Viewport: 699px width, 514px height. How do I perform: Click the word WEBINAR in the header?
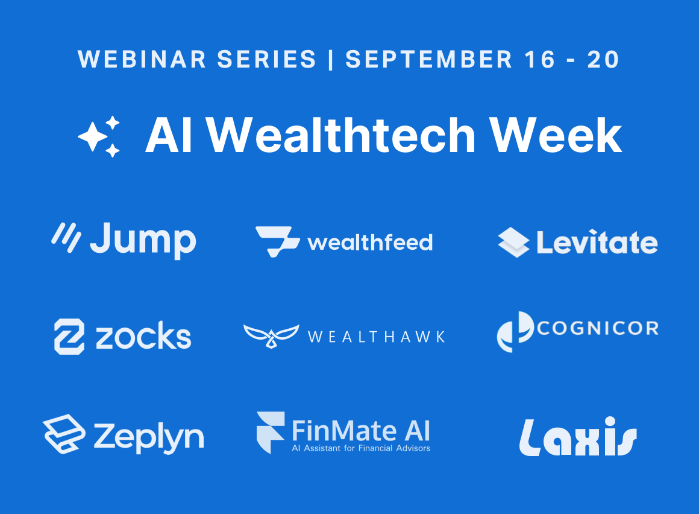pos(142,59)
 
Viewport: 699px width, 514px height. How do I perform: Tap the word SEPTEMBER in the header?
pos(429,59)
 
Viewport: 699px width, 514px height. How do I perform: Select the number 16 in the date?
pos(540,59)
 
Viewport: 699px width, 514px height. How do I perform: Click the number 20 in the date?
pos(603,59)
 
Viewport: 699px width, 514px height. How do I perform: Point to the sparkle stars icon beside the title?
pos(99,136)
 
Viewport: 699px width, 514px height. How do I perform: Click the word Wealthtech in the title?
pos(341,135)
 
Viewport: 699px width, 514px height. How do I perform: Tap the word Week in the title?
pos(556,135)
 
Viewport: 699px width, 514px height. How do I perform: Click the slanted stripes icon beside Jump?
pos(66,237)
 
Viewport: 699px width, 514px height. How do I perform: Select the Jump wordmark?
pos(143,240)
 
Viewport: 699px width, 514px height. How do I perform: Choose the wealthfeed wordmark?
pos(370,243)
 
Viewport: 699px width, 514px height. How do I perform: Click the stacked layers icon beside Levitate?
pos(513,243)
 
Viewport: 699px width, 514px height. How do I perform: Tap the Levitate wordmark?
pos(597,243)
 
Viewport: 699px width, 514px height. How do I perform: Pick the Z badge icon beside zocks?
pos(69,337)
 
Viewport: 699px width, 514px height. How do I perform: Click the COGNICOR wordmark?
pos(598,328)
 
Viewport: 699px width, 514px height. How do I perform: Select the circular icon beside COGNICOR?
pos(515,332)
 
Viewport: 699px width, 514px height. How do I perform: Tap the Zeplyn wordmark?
pos(149,437)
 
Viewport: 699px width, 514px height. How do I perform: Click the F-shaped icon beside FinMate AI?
pos(271,433)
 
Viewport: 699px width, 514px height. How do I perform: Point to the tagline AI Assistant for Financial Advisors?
pos(361,448)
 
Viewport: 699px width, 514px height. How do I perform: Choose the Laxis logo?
pos(578,437)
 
